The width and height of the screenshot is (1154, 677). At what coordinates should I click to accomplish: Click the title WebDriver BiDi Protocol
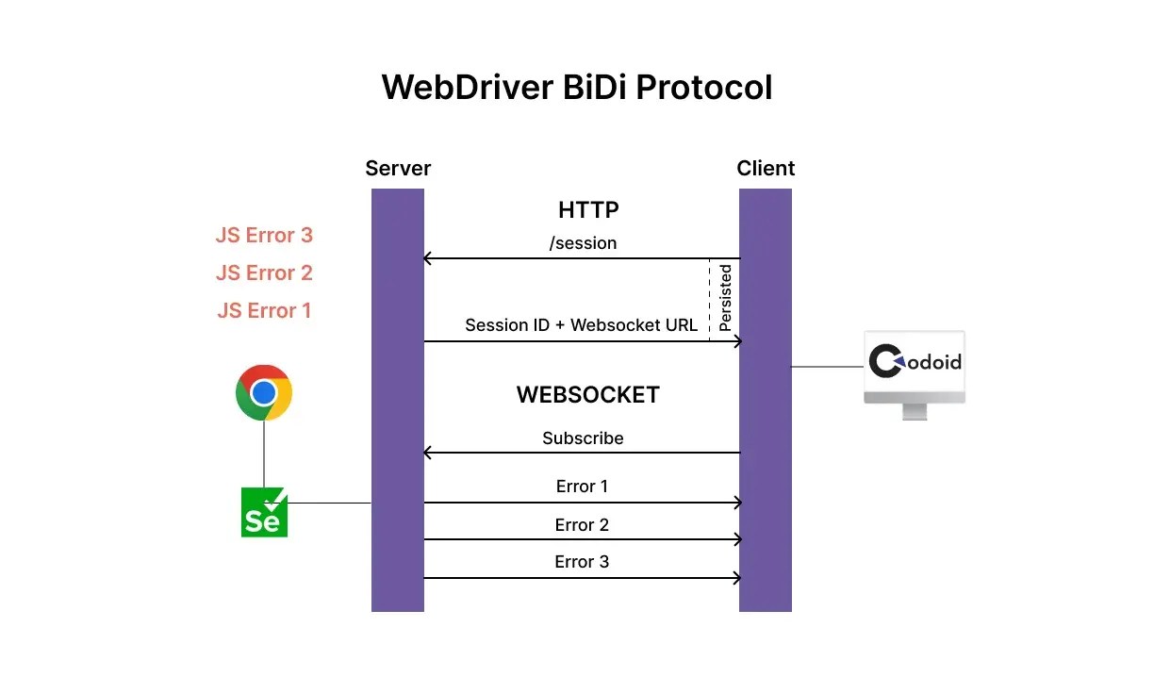tap(576, 88)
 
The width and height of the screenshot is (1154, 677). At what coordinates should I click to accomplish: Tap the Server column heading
tap(397, 169)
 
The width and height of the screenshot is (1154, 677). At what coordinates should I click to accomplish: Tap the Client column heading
tap(766, 169)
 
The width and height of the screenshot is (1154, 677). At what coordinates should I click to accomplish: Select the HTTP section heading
tap(588, 209)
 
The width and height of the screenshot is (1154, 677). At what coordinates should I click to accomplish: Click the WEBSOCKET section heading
tap(587, 395)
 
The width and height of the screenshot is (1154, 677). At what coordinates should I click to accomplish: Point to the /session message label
tap(583, 243)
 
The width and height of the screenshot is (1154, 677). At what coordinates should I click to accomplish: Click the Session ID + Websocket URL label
tap(581, 325)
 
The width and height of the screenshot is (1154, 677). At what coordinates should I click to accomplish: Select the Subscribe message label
tap(583, 438)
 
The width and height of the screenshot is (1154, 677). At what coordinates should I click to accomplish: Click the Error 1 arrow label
tap(582, 487)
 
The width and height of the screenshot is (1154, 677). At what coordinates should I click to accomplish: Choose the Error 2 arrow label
tap(582, 525)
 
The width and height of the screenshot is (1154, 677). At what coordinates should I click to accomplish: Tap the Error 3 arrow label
tap(582, 562)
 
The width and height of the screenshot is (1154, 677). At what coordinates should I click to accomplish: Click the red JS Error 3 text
tap(264, 236)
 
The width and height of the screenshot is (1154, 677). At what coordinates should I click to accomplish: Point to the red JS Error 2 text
tap(264, 273)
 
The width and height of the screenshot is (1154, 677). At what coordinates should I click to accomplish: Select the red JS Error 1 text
tap(264, 311)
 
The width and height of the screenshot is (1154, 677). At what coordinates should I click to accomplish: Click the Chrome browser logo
tap(264, 392)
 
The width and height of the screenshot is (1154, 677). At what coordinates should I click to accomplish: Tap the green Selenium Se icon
tap(264, 513)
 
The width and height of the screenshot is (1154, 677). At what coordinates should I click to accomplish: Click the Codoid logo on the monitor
tap(915, 362)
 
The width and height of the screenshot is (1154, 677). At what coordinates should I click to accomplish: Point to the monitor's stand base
tap(915, 412)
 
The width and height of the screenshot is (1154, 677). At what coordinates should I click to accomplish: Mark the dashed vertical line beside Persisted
tap(709, 300)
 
